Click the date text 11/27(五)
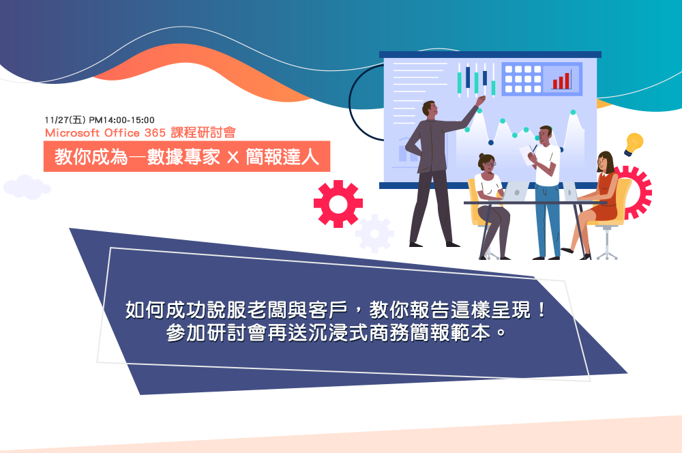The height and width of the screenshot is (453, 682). (x=65, y=119)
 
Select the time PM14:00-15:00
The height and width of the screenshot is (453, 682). (x=122, y=119)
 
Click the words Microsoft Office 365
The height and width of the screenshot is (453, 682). (x=105, y=133)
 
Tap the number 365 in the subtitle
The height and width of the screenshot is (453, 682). (x=155, y=133)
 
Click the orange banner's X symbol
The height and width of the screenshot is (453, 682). (x=233, y=157)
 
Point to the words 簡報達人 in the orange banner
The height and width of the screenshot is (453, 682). (x=283, y=157)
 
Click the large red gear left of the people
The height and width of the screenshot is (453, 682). (x=338, y=204)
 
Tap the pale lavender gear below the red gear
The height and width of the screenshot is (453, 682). (x=374, y=234)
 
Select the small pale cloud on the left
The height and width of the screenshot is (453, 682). (x=27, y=187)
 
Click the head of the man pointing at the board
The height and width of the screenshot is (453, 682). (x=429, y=109)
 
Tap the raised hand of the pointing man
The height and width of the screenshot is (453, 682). (x=481, y=100)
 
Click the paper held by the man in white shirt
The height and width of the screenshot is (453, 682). (x=527, y=155)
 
